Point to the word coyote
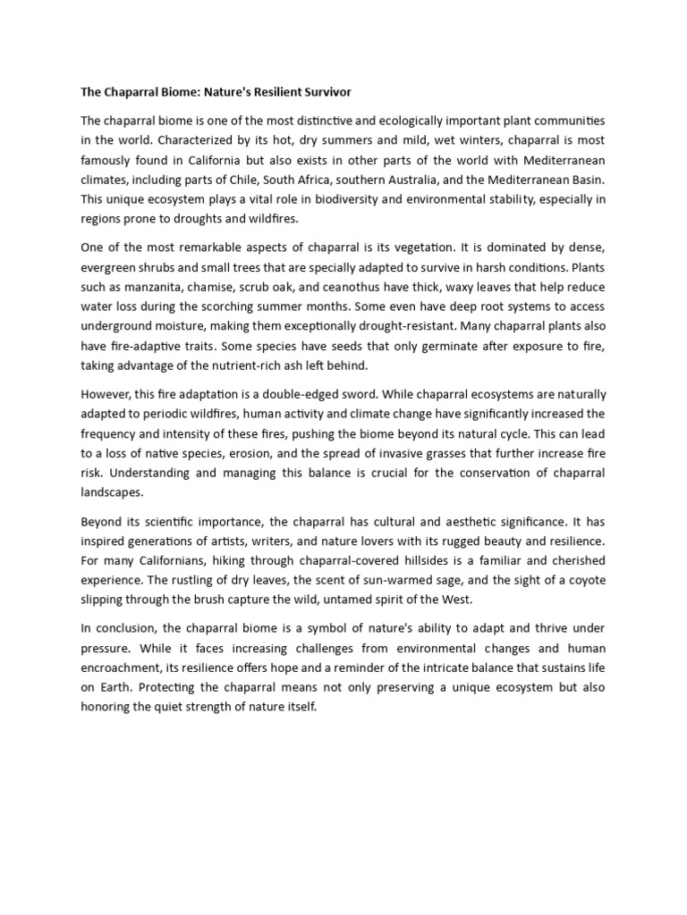click(582, 580)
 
